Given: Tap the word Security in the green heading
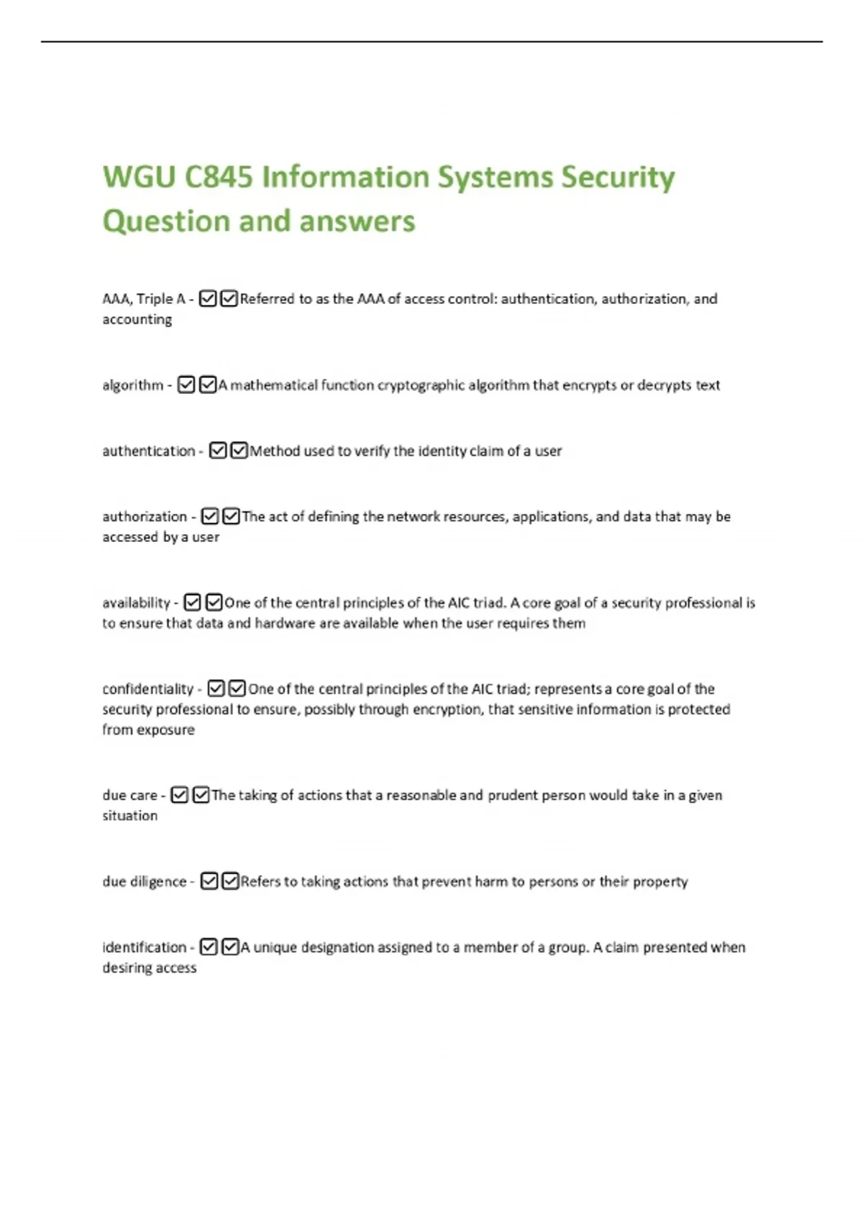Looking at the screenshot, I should pyautogui.click(x=617, y=177).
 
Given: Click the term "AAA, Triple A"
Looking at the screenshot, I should pyautogui.click(x=144, y=299).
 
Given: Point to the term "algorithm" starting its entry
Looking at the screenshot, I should pyautogui.click(x=133, y=385).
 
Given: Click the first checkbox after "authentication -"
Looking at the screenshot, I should pyautogui.click(x=218, y=451).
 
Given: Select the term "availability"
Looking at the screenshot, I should pyautogui.click(x=136, y=602).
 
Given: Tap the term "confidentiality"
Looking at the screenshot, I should pyautogui.click(x=148, y=689).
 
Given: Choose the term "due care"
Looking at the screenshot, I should pyautogui.click(x=129, y=795).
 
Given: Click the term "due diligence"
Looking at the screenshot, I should pyautogui.click(x=144, y=881).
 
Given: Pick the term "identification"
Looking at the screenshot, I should pyautogui.click(x=144, y=947).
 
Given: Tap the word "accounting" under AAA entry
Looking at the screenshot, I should pyautogui.click(x=137, y=319).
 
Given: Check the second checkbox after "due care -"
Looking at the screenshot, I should pyautogui.click(x=201, y=795).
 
